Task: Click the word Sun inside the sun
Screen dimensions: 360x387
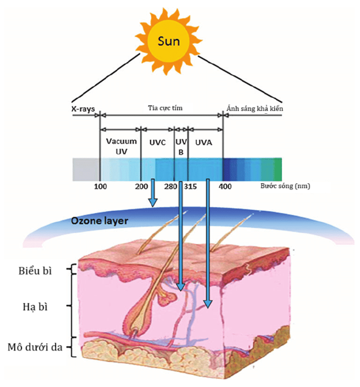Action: (x=169, y=41)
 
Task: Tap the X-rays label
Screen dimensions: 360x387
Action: (x=83, y=109)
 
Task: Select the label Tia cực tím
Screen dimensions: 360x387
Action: (x=165, y=108)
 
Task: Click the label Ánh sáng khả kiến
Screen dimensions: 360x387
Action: (x=255, y=108)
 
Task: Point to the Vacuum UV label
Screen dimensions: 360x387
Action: (x=121, y=146)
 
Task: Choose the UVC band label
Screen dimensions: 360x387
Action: (x=157, y=142)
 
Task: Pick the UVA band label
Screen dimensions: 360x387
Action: (x=203, y=142)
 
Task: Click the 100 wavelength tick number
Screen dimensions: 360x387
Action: (x=101, y=186)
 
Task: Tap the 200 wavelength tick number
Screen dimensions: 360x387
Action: (x=141, y=186)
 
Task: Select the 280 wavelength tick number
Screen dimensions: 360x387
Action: (x=171, y=186)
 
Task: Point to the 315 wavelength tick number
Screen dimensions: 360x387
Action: (x=190, y=186)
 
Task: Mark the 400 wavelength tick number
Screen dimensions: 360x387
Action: (x=225, y=186)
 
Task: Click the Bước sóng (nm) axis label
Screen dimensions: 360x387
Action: (x=285, y=186)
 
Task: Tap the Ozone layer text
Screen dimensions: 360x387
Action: (x=99, y=221)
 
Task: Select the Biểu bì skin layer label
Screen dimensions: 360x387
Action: (x=35, y=271)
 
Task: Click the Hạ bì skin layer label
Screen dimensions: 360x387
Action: (x=35, y=307)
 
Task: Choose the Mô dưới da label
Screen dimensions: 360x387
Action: (x=35, y=347)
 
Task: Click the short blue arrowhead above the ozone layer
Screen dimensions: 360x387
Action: (x=153, y=202)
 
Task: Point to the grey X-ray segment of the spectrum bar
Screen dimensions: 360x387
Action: (x=86, y=169)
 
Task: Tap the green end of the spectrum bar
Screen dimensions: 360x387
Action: (x=277, y=169)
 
